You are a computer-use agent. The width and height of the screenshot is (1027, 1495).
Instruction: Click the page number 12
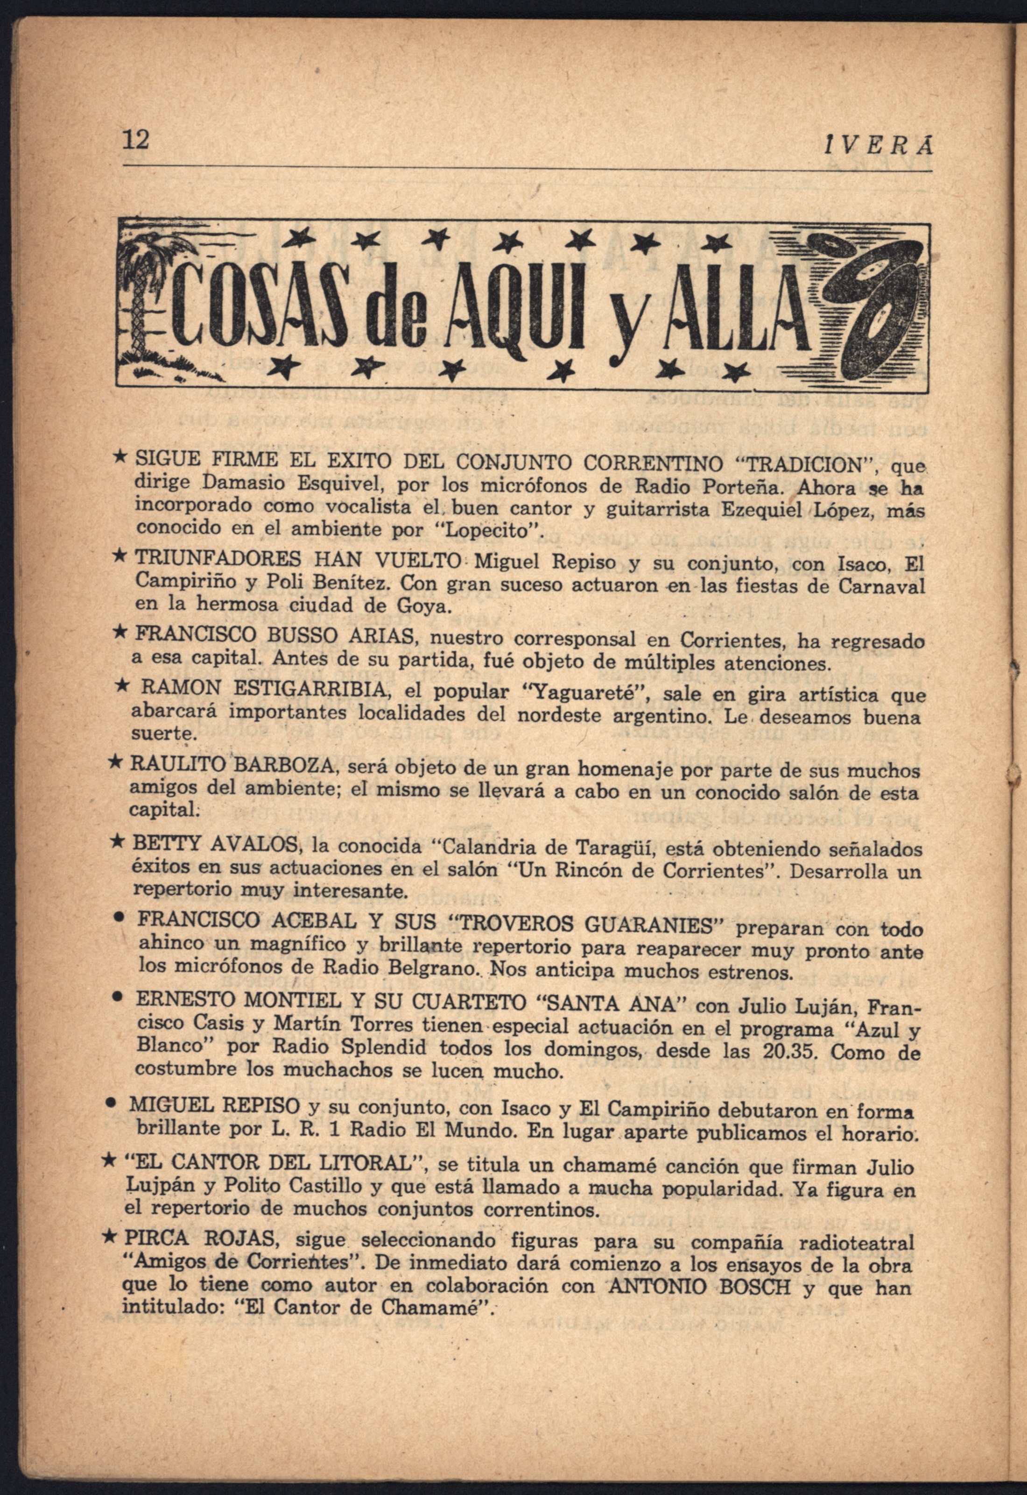click(136, 139)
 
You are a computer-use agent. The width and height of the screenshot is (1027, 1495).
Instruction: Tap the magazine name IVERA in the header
click(878, 146)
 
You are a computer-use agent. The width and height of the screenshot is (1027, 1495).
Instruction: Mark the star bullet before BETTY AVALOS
click(118, 841)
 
